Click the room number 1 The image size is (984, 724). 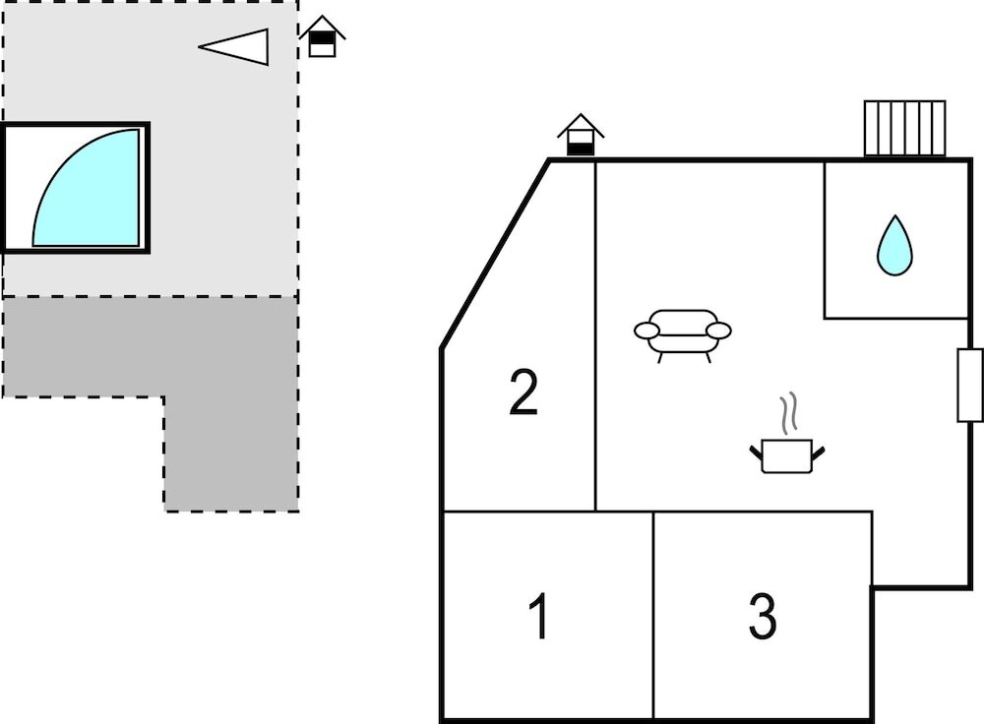(539, 616)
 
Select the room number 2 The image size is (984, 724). (523, 392)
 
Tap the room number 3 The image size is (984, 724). (763, 616)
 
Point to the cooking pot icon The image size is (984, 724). (787, 455)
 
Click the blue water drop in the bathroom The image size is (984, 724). (894, 245)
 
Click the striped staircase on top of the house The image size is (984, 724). (905, 128)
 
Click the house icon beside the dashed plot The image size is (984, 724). (322, 36)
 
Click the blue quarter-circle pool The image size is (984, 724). (86, 188)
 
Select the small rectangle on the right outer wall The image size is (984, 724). (969, 386)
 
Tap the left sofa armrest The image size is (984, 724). (646, 330)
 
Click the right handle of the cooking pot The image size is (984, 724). (819, 452)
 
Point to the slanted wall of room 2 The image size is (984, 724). (496, 254)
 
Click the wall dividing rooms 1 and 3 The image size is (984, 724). (653, 616)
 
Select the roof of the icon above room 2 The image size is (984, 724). (581, 124)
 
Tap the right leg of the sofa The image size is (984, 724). (707, 357)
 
